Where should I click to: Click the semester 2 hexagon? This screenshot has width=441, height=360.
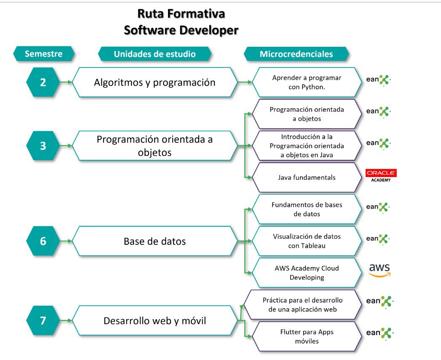pyautogui.click(x=43, y=82)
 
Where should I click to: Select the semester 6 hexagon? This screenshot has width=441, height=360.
pyautogui.click(x=43, y=241)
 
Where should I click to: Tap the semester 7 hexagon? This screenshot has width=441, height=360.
pyautogui.click(x=43, y=320)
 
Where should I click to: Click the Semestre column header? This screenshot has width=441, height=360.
pyautogui.click(x=44, y=54)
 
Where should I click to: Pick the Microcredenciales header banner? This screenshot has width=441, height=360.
pyautogui.click(x=296, y=54)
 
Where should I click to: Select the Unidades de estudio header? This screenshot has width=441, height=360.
pyautogui.click(x=155, y=54)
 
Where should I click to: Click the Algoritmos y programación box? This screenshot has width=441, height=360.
pyautogui.click(x=155, y=82)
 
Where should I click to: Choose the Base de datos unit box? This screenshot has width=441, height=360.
pyautogui.click(x=155, y=241)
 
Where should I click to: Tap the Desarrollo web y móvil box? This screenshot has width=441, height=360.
pyautogui.click(x=155, y=320)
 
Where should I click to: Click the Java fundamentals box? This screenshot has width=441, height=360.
pyautogui.click(x=307, y=177)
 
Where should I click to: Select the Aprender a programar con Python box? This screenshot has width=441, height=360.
pyautogui.click(x=307, y=82)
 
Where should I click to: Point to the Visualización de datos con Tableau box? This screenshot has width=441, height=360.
pyautogui.click(x=307, y=241)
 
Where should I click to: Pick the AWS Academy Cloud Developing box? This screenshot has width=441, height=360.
pyautogui.click(x=307, y=273)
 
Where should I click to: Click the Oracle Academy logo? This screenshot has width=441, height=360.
pyautogui.click(x=381, y=175)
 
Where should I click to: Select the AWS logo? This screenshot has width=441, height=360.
pyautogui.click(x=380, y=270)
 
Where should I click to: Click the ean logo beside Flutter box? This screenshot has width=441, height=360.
pyautogui.click(x=379, y=333)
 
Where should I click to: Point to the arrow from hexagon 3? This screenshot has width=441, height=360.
pyautogui.click(x=66, y=146)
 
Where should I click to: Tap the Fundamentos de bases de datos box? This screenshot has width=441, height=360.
pyautogui.click(x=307, y=209)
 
